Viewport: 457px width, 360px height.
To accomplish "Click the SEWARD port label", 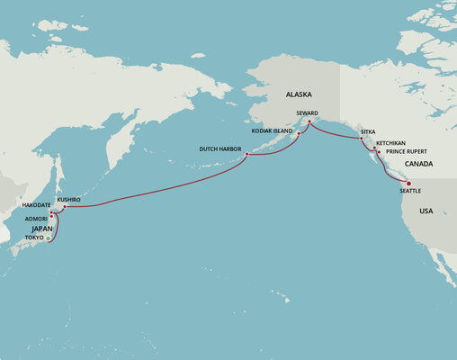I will [x=308, y=112].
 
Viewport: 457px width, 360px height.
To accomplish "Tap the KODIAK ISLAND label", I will [x=275, y=130].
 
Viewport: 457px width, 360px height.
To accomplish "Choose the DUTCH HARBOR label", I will [x=221, y=148].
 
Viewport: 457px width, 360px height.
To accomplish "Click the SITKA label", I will [x=368, y=131].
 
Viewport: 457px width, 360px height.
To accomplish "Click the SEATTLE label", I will [x=409, y=191].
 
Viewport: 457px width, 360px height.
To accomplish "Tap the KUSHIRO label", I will [x=69, y=199].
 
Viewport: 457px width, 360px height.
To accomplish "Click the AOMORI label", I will [x=37, y=219].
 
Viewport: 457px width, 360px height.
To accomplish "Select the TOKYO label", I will [x=34, y=238].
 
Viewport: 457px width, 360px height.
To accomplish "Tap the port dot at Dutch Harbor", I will [x=246, y=156].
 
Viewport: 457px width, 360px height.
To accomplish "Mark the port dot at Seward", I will [x=309, y=122].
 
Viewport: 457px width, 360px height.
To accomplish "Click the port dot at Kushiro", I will [x=65, y=206].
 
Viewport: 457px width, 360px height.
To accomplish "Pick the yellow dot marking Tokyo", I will [x=48, y=238].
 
